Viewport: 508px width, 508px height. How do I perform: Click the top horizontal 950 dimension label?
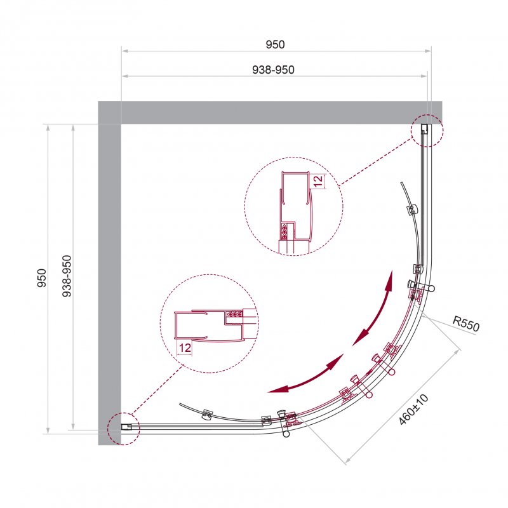click(x=275, y=44)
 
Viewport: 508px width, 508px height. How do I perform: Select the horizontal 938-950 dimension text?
click(x=274, y=70)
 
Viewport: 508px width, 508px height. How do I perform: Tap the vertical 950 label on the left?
click(x=42, y=278)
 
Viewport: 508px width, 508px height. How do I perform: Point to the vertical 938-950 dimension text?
click(x=67, y=276)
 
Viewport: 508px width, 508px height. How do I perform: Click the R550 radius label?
click(x=466, y=324)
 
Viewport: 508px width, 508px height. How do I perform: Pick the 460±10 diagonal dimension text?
click(x=413, y=410)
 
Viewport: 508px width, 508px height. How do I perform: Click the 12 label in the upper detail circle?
click(x=319, y=181)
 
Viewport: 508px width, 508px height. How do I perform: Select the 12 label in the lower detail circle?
click(x=185, y=348)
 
